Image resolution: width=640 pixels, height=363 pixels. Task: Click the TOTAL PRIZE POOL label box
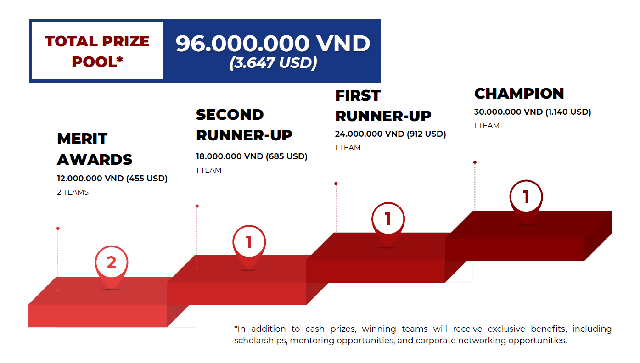[97, 51]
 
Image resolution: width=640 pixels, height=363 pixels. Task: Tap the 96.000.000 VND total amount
[273, 44]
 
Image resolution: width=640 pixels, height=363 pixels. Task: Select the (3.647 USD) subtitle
[273, 63]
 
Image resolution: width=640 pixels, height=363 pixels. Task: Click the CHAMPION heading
[519, 94]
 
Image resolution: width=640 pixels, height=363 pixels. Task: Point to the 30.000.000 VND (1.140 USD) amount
[533, 112]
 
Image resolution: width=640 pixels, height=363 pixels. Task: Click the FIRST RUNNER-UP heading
[383, 106]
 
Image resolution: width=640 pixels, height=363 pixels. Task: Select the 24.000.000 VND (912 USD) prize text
[390, 134]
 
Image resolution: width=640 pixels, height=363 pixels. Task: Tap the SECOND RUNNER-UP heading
[244, 125]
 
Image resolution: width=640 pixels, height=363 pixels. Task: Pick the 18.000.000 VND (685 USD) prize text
[252, 156]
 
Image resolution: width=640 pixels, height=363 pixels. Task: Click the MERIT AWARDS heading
[95, 149]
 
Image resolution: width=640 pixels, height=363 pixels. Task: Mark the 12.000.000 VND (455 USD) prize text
[112, 179]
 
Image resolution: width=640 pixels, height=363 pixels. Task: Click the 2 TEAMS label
[73, 192]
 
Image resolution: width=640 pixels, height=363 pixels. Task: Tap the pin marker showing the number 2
[112, 264]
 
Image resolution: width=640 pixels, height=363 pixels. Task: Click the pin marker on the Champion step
[526, 199]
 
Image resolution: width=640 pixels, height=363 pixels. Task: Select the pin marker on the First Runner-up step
[388, 221]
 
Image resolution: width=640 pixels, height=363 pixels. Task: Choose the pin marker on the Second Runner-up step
[249, 244]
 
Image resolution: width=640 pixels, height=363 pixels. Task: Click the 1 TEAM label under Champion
[487, 126]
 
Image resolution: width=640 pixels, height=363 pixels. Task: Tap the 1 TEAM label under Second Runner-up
[208, 170]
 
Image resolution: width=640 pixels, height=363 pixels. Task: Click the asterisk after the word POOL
[120, 59]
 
